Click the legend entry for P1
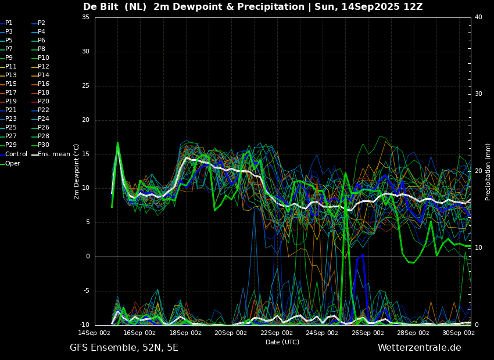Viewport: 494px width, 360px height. [6, 23]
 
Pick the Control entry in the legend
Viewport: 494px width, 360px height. [13, 154]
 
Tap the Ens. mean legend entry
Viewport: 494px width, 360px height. [51, 154]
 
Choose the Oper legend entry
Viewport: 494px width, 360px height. [10, 163]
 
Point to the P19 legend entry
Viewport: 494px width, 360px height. [8, 102]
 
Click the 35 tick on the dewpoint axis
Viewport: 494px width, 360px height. [85, 17]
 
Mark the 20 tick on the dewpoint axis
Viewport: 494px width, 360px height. [85, 120]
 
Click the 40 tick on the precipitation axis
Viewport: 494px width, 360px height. [478, 17]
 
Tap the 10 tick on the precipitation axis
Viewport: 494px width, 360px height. [478, 247]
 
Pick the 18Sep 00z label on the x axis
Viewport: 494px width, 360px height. [185, 333]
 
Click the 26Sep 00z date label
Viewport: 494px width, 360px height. [368, 333]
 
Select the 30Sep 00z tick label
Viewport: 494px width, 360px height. [459, 333]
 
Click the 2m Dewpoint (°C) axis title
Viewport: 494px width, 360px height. [76, 172]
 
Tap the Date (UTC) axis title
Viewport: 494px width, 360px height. [282, 342]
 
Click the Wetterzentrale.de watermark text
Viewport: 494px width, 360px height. [420, 348]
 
